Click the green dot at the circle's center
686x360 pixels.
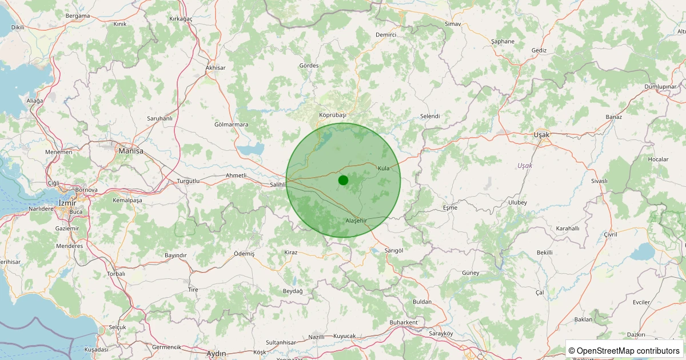tap(343, 180)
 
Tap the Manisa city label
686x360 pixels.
tap(130, 151)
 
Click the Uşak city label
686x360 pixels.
tap(541, 135)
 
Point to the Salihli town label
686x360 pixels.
tap(277, 185)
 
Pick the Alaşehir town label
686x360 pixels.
tap(356, 221)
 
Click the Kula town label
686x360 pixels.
tap(384, 168)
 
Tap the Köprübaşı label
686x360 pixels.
tap(333, 115)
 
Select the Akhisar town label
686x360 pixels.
tap(216, 68)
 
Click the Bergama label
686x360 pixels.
tap(78, 16)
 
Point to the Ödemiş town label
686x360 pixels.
tap(244, 253)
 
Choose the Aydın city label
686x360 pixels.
tap(216, 354)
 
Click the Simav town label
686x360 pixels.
tap(453, 24)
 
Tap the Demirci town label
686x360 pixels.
tap(386, 35)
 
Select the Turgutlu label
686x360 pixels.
tap(188, 181)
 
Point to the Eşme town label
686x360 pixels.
tap(450, 207)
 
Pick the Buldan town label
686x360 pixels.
tap(422, 302)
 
